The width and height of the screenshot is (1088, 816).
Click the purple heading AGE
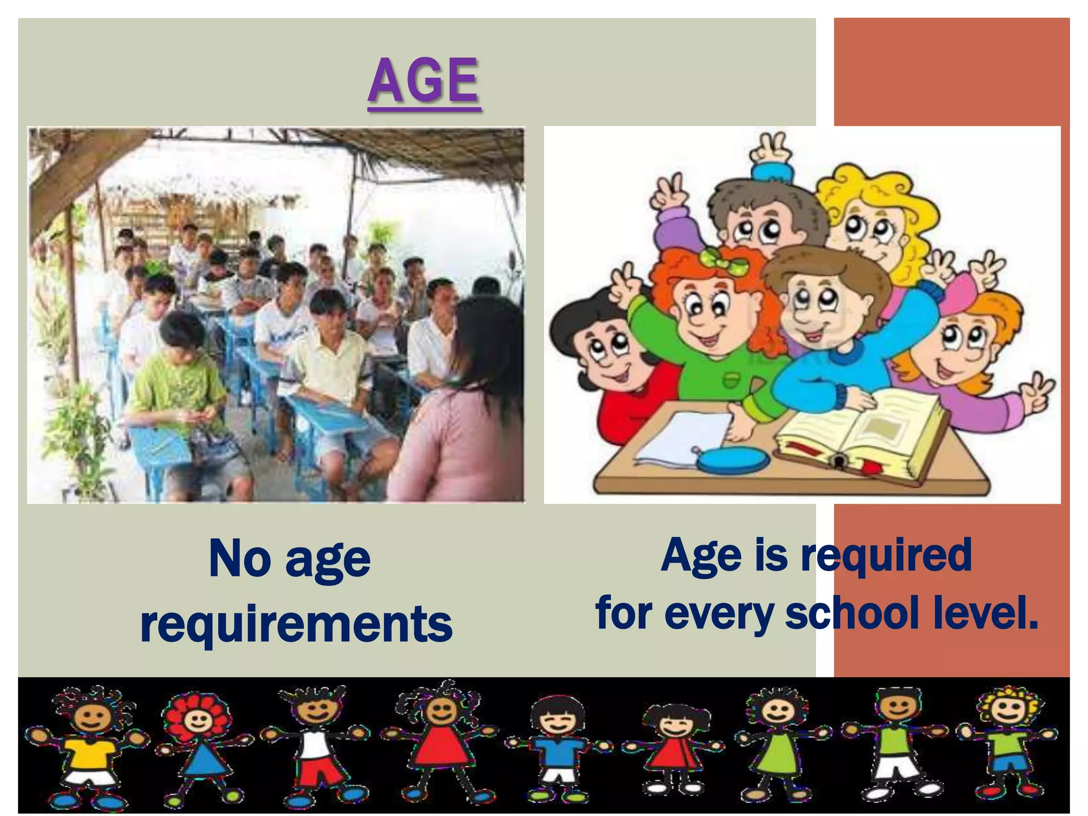(424, 81)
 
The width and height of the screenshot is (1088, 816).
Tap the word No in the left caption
(240, 559)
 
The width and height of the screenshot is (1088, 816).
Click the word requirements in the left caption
(296, 624)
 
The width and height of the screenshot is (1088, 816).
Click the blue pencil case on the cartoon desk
(733, 460)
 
